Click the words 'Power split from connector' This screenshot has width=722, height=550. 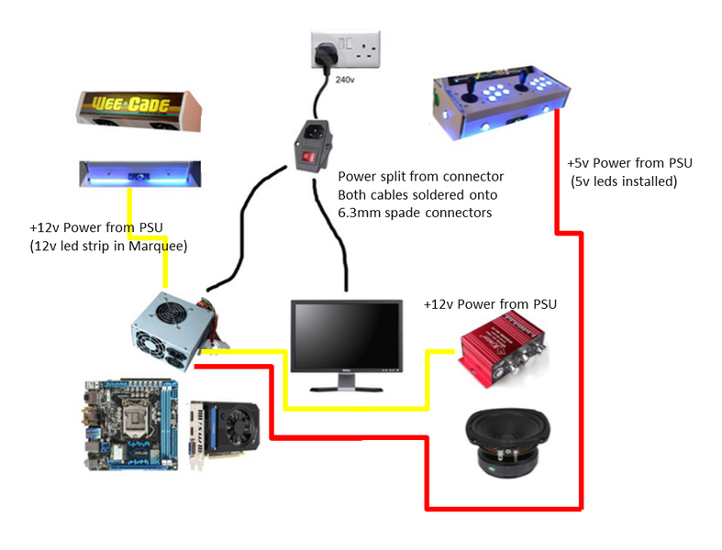tap(420, 176)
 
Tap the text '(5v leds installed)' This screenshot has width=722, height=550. tap(623, 181)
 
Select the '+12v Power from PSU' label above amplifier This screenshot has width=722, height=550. tap(490, 303)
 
